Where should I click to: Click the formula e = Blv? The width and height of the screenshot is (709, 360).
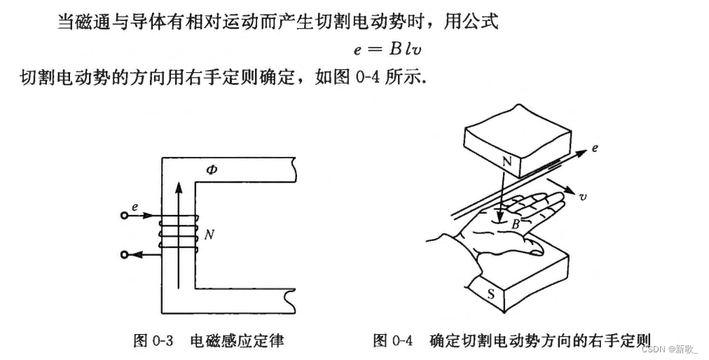coord(390,50)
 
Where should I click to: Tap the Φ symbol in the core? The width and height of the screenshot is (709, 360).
coord(212,170)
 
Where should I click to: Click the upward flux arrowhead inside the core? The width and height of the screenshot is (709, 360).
coord(179,187)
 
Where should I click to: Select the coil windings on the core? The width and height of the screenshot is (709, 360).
coord(179,235)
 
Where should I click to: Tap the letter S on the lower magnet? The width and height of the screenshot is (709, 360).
coord(490,295)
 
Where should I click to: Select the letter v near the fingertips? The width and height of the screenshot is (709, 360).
coord(583,198)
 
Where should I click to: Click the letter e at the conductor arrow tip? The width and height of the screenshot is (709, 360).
coord(595,149)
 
